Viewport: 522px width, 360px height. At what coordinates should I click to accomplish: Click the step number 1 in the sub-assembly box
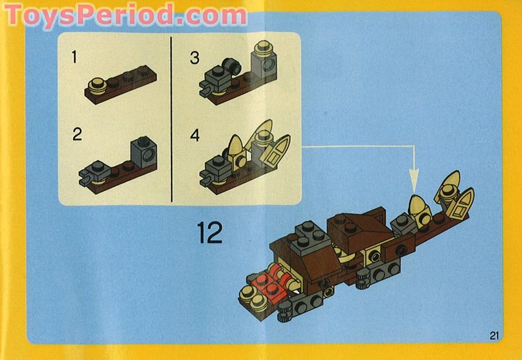(74, 58)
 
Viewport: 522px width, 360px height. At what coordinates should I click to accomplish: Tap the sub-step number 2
(77, 134)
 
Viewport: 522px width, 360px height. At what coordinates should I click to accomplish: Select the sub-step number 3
(195, 58)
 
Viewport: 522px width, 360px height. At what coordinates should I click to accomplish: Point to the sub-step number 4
(195, 134)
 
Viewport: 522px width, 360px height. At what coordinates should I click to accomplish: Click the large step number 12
(210, 232)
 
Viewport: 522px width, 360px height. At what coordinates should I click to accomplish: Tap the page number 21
(494, 334)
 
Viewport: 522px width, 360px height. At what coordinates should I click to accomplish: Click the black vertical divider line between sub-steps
(172, 119)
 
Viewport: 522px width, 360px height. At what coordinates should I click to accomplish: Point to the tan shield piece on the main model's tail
(461, 206)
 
